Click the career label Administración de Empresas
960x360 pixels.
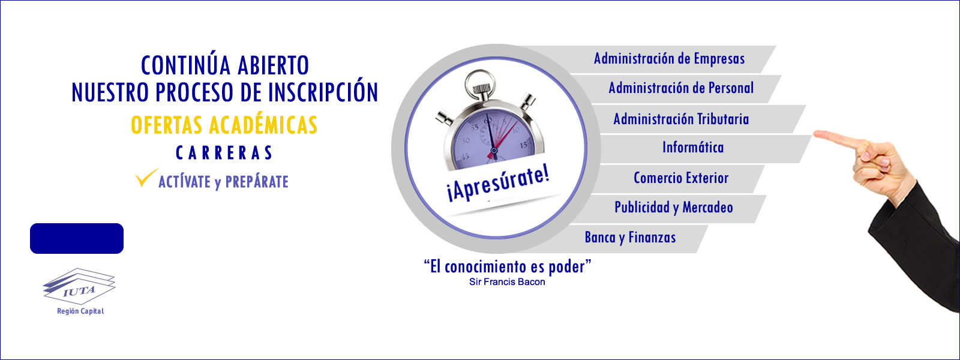[x=669, y=59]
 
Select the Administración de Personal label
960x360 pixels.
[x=681, y=88]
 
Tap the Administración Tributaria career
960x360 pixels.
[x=681, y=119]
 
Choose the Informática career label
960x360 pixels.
[x=693, y=148]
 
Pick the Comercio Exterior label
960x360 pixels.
[x=681, y=178]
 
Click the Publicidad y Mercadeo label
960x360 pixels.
[x=674, y=208]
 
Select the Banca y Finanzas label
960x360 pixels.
[x=630, y=238]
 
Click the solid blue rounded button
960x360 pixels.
[x=77, y=238]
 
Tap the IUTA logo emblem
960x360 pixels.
[x=79, y=286]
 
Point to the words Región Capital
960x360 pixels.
[x=80, y=311]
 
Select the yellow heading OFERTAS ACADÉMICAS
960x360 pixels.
[x=224, y=125]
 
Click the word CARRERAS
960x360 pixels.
[x=224, y=153]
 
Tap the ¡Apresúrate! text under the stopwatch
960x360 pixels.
[x=498, y=184]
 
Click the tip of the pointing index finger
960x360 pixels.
[x=815, y=134]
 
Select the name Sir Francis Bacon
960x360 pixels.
[x=507, y=282]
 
